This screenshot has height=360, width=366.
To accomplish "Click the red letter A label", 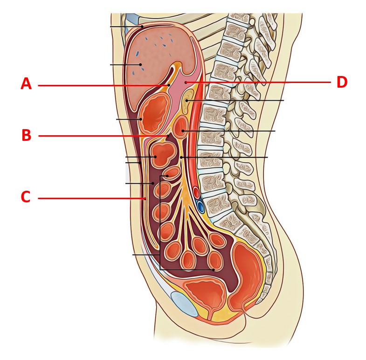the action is (x=26, y=83).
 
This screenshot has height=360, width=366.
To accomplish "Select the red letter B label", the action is (x=27, y=135).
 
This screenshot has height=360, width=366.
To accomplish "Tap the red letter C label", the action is (x=26, y=197).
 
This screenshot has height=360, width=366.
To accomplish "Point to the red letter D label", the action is (x=342, y=82).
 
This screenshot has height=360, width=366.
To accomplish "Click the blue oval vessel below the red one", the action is (x=200, y=207).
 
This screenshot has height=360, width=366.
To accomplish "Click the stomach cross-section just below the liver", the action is (x=155, y=112).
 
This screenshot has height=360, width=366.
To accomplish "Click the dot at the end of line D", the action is (x=186, y=82).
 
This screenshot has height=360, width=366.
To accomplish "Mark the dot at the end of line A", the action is (x=168, y=85).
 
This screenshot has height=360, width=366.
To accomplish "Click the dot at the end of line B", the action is (x=167, y=136).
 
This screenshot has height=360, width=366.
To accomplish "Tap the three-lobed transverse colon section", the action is (x=163, y=154).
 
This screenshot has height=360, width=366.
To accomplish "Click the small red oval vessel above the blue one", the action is (x=197, y=193).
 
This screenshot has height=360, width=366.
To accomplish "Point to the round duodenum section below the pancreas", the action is (x=180, y=127).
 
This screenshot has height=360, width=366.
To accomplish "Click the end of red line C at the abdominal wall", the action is (x=145, y=199).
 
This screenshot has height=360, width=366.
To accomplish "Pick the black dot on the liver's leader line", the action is (x=140, y=64).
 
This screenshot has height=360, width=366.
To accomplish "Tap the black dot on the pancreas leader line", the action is (x=187, y=101).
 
